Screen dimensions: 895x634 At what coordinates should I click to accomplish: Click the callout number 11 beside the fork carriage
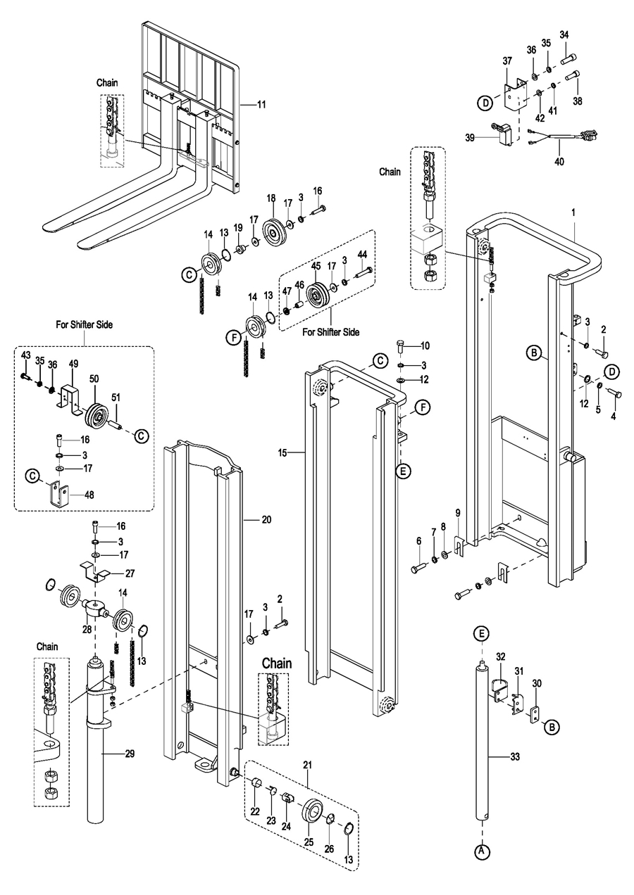(261, 104)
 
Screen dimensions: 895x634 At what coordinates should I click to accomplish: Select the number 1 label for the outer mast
(573, 211)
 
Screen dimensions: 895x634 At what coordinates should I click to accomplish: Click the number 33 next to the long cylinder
(515, 757)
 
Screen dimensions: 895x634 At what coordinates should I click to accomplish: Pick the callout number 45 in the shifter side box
(316, 265)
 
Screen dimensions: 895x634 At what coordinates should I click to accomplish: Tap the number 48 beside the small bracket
(89, 494)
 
